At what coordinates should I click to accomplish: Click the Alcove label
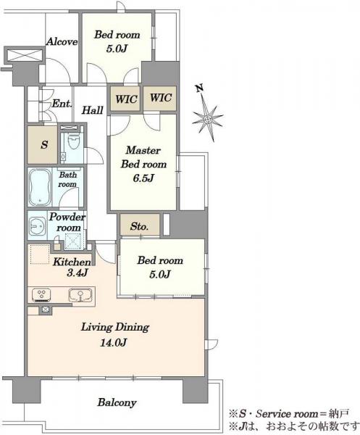click(x=62, y=42)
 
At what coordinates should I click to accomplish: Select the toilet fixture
click(x=73, y=141)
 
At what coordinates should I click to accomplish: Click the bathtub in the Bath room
click(x=40, y=187)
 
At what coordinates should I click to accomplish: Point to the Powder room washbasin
click(x=38, y=226)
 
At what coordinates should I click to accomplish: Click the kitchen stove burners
click(x=41, y=295)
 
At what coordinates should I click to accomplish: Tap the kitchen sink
click(x=80, y=295)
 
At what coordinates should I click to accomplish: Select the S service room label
click(x=44, y=144)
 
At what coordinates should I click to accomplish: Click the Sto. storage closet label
click(x=139, y=226)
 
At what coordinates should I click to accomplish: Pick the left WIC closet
click(x=125, y=99)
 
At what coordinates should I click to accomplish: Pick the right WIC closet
click(x=160, y=98)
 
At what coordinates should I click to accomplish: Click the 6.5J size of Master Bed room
click(x=143, y=178)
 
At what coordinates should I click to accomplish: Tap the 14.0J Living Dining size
click(x=114, y=343)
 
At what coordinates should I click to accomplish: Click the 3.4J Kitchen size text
click(x=78, y=273)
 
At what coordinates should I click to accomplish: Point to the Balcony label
click(x=117, y=402)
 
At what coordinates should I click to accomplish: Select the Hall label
click(x=92, y=110)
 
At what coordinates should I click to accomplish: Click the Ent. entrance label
click(x=62, y=104)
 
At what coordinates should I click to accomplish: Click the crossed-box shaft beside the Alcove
click(x=25, y=55)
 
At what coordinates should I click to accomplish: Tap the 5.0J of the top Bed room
click(x=117, y=49)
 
